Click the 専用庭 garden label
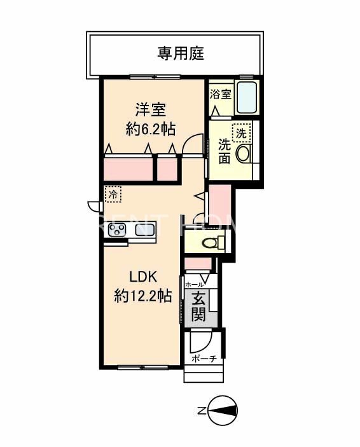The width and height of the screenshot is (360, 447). (x=181, y=53)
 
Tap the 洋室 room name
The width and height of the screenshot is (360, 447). (x=150, y=108)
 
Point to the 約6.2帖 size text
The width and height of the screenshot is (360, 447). (x=151, y=129)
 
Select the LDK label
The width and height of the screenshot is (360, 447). (x=144, y=277)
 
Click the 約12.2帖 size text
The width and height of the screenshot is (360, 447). (x=143, y=296)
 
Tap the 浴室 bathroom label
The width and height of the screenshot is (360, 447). (x=221, y=94)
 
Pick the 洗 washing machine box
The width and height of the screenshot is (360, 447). (x=242, y=133)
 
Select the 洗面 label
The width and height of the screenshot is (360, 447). (x=225, y=151)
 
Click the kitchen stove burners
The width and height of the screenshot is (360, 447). (x=116, y=230)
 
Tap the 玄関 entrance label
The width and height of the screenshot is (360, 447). (x=198, y=306)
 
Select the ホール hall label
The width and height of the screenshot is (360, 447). (x=194, y=285)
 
